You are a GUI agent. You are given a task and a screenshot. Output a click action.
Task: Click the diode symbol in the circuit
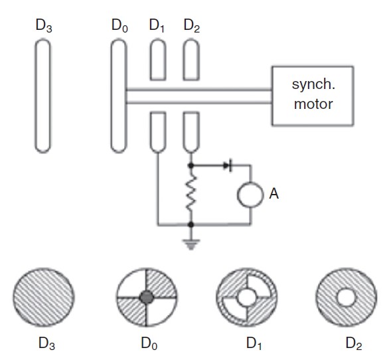pyautogui.click(x=228, y=165)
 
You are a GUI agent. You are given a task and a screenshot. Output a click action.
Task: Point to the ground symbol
pyautogui.click(x=191, y=244)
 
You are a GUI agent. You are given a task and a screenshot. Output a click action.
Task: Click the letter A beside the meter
pyautogui.click(x=274, y=193)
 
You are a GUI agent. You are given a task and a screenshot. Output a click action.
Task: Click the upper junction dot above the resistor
pyautogui.click(x=191, y=165)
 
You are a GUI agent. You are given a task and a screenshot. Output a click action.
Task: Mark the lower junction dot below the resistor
pyautogui.click(x=191, y=225)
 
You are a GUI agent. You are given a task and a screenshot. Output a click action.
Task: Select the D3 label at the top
pyautogui.click(x=44, y=26)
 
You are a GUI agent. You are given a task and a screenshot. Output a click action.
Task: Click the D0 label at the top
pyautogui.click(x=119, y=26)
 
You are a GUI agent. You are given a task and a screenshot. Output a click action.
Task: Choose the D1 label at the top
pyautogui.click(x=157, y=26)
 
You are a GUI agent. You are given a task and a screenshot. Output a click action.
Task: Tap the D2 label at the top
pyautogui.click(x=191, y=26)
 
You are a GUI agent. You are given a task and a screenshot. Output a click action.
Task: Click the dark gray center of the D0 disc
pyautogui.click(x=146, y=297)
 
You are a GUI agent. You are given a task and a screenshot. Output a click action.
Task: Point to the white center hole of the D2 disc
pyautogui.click(x=347, y=297)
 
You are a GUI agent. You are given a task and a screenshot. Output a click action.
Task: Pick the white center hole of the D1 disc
pyautogui.click(x=247, y=297)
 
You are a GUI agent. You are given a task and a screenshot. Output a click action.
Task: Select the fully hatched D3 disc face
pyautogui.click(x=44, y=297)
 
